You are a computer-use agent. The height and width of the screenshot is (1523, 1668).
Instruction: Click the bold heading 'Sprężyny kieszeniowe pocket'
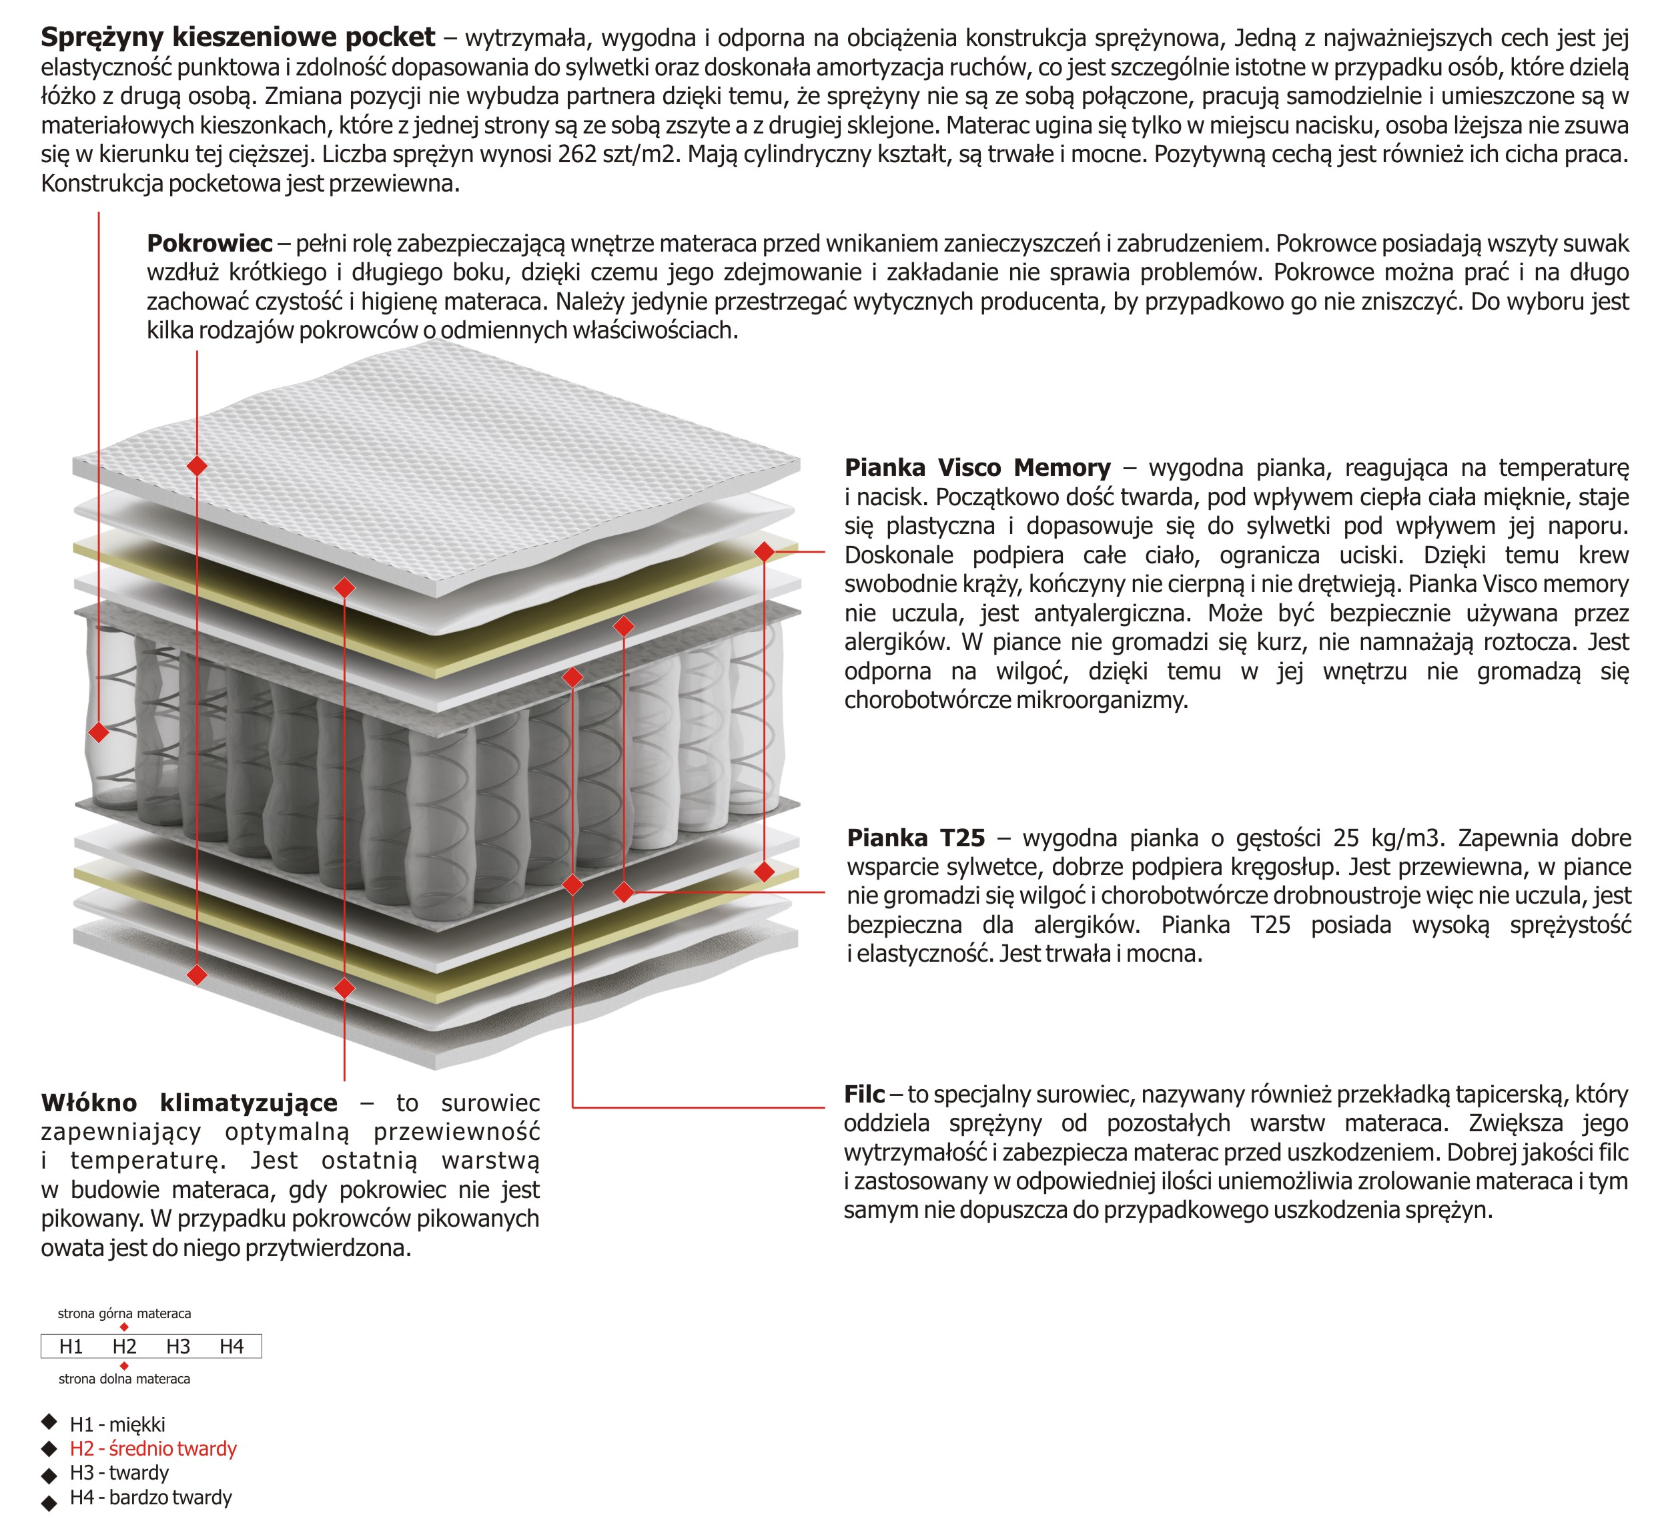(x=238, y=37)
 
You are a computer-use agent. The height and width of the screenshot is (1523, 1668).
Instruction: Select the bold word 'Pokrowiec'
(x=210, y=244)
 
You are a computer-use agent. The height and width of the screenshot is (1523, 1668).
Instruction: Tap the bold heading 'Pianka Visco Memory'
(x=977, y=468)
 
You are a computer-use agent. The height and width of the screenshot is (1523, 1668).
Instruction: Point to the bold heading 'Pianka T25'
(x=916, y=838)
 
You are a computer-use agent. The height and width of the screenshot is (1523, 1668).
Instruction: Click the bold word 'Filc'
(x=865, y=1095)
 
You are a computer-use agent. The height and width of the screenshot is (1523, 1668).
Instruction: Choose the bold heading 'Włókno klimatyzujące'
(x=189, y=1103)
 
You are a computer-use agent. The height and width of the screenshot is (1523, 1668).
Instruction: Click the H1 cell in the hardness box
(x=71, y=1347)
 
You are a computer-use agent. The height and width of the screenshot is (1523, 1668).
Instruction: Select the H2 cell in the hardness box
(x=124, y=1347)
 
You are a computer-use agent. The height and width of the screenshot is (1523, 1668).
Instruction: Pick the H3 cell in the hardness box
(x=178, y=1347)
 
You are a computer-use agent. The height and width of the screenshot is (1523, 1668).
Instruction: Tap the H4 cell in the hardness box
(x=232, y=1347)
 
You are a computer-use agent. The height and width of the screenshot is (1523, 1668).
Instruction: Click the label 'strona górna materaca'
(x=124, y=1313)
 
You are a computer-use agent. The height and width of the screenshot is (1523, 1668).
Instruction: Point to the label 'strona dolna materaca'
(x=124, y=1379)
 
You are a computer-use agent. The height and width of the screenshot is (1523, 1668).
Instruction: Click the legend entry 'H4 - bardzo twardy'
(x=151, y=1498)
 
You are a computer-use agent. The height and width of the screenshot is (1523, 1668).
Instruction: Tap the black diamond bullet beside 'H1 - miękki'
(x=49, y=1422)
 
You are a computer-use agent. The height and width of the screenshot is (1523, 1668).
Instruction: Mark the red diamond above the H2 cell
(x=124, y=1327)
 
